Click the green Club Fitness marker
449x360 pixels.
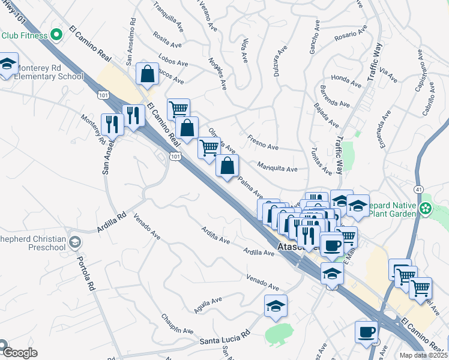click(x=57, y=35)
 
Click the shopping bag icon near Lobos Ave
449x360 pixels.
click(x=147, y=75)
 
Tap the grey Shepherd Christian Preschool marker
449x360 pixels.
click(x=74, y=242)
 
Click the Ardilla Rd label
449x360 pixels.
click(x=112, y=222)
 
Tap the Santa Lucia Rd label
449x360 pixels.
click(x=224, y=340)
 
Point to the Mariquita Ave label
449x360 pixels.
click(x=277, y=169)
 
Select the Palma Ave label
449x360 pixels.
click(x=250, y=187)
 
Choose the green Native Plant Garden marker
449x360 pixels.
click(x=426, y=209)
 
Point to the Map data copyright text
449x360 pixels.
click(x=424, y=355)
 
